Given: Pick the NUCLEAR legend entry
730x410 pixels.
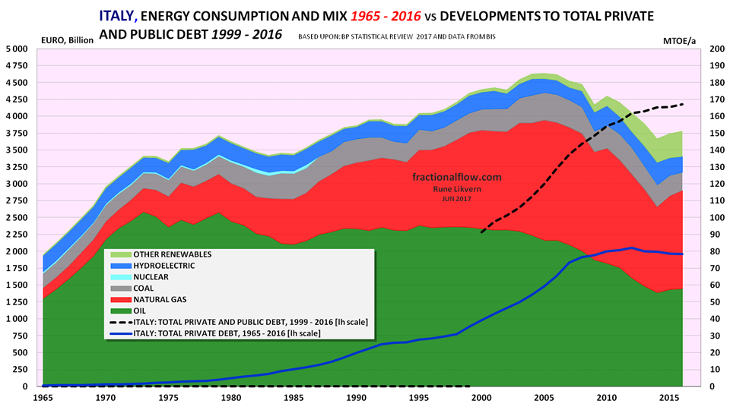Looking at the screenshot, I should pos(153,277).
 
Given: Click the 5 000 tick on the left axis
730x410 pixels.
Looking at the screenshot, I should pos(15,49).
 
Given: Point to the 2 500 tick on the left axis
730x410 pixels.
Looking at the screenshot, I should pos(15,217).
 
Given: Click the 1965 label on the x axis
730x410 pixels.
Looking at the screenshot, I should pos(43,398).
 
